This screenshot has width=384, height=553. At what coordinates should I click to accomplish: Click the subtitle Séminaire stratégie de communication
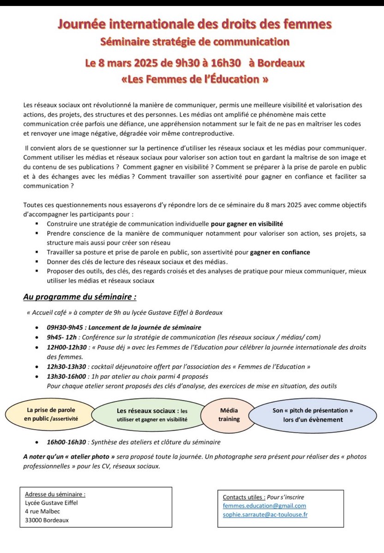click(195, 42)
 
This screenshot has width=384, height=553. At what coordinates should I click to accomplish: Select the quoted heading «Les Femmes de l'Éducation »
click(194, 79)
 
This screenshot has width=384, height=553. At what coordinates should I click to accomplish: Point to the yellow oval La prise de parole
click(51, 414)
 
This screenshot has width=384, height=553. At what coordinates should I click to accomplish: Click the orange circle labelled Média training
click(229, 414)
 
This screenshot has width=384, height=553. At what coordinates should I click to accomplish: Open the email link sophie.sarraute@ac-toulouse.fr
click(265, 514)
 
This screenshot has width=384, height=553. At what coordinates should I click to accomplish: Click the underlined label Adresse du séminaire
click(55, 494)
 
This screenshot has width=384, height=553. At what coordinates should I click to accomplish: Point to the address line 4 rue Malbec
click(42, 511)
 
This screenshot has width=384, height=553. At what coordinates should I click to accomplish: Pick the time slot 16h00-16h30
click(66, 442)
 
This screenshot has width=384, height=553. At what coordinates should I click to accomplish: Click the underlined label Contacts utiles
click(244, 497)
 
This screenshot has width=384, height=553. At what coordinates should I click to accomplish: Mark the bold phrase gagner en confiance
click(280, 252)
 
